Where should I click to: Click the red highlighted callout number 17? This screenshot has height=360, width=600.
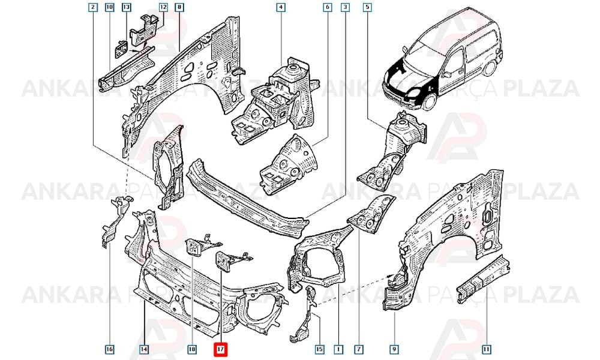(220, 349)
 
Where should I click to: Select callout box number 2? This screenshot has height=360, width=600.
(92, 7)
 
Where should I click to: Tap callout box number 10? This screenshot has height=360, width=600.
(109, 7)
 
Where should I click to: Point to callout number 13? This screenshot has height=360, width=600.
(126, 7)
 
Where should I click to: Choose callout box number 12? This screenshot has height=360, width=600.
(163, 7)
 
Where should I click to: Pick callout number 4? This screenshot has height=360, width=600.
(281, 7)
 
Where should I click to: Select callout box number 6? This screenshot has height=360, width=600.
(328, 7)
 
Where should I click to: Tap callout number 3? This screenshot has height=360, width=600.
(346, 7)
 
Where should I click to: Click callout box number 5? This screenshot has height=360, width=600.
(367, 7)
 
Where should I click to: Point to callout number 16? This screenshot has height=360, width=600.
(109, 349)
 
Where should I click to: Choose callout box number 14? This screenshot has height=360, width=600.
(144, 349)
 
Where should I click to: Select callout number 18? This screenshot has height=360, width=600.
(192, 349)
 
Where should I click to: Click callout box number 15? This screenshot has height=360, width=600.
(319, 349)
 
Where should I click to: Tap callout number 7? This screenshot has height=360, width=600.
(359, 349)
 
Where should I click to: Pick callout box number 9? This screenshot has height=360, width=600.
(394, 349)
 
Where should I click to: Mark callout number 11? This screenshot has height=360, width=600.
(487, 349)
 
